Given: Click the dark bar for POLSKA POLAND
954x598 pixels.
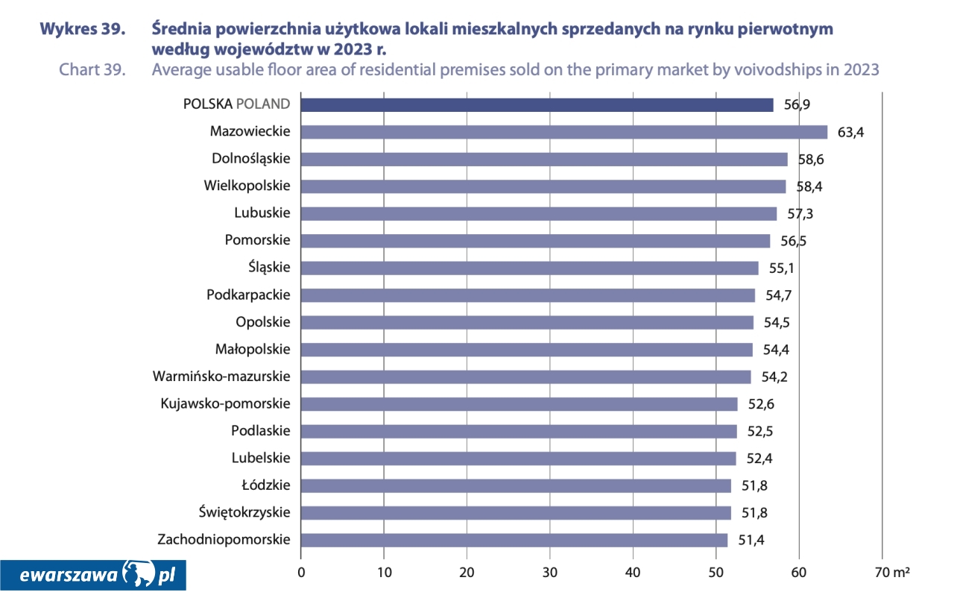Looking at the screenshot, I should point(537,104).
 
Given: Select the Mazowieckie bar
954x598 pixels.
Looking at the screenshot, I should point(563,132).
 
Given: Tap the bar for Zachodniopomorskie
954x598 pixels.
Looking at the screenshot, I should point(514,540).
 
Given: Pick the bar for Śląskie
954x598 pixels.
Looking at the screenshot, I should point(529,268).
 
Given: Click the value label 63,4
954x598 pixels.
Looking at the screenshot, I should point(850,133).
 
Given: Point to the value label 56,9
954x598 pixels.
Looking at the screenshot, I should point(797,105).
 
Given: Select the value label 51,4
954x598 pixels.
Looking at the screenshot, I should point(751,541).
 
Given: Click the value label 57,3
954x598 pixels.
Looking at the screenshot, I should point(800,214).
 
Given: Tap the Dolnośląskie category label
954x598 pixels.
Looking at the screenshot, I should point(250,159).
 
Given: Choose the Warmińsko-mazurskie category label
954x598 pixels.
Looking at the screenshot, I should point(221,377).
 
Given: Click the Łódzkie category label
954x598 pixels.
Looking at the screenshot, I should point(266,485).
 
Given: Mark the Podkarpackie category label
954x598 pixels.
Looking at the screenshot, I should point(248,295).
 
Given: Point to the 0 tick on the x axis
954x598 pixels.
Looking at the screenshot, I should point(301,573).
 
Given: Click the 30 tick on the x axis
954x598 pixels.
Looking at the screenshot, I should point(550,573).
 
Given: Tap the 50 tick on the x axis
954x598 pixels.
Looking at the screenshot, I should point(716,573).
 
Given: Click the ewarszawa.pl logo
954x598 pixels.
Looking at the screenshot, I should point(92,575).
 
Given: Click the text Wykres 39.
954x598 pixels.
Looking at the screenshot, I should point(82,30).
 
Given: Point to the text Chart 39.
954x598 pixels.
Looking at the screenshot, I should point(92,70).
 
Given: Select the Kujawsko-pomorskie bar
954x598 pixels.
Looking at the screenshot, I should point(519,404).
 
